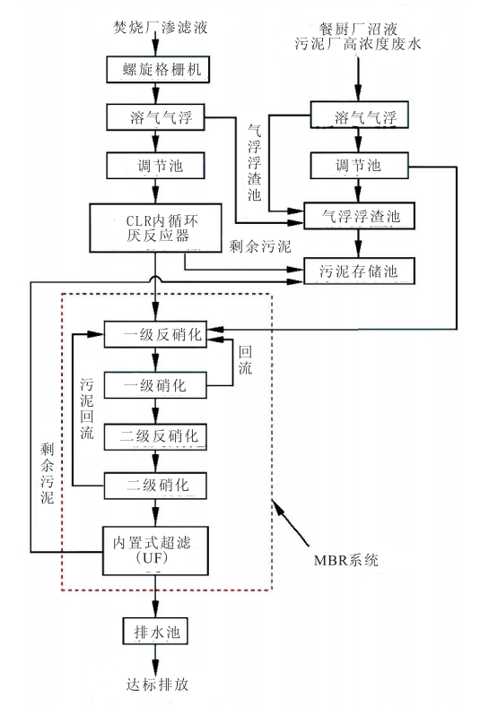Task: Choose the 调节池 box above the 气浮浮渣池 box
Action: (359, 166)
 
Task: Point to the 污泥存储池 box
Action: (359, 268)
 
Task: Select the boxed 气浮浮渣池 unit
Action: (359, 216)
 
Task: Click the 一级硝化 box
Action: (157, 384)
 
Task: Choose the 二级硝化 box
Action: (157, 486)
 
